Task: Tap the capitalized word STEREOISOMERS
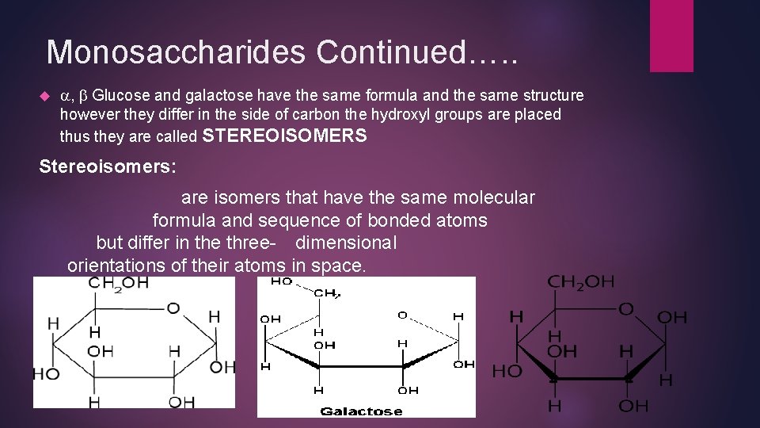(x=285, y=136)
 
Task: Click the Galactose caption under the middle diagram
(x=361, y=411)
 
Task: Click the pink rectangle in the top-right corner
(x=671, y=35)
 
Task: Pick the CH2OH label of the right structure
(x=580, y=281)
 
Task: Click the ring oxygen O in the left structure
(x=173, y=308)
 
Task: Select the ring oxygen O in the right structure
(x=625, y=309)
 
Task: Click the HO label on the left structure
(x=46, y=373)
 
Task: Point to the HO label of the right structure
(x=507, y=370)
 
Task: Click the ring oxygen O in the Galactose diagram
(x=402, y=315)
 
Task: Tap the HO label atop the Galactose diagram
(x=281, y=281)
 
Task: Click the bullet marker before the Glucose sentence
(x=44, y=96)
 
